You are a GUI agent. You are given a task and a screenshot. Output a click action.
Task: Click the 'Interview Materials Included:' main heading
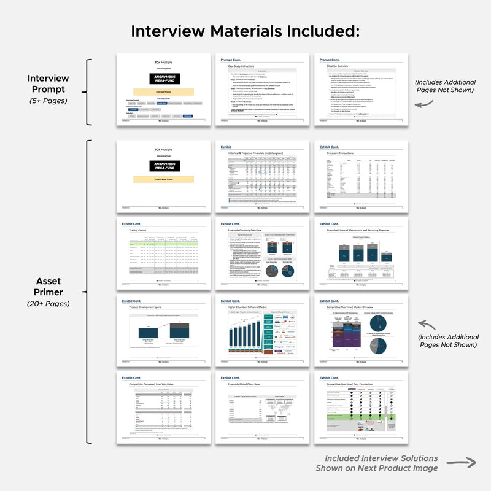coord(245,31)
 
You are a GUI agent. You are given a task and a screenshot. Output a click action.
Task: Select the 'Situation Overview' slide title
coord(334,66)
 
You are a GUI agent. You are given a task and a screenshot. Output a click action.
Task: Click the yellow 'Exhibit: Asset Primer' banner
coord(163,179)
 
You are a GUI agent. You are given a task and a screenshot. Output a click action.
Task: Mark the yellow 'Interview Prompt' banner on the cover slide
coord(163,91)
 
